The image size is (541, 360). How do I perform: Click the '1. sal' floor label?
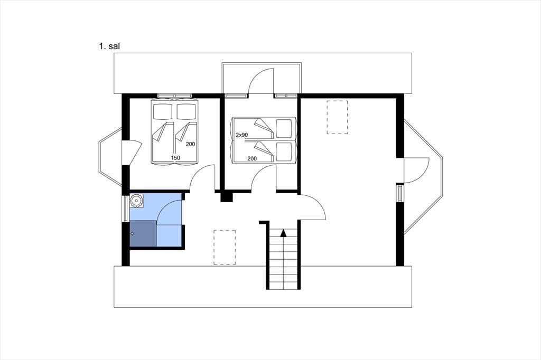click(x=109, y=46)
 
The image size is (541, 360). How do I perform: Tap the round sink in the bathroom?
click(x=137, y=201)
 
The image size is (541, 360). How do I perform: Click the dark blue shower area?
click(x=143, y=234)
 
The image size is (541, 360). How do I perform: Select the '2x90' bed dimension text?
click(x=241, y=135)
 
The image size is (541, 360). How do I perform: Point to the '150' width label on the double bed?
click(x=175, y=158)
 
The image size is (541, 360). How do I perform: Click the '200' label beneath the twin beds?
click(x=252, y=158)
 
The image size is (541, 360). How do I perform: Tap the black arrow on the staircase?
click(x=283, y=233)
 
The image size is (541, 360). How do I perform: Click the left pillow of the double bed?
click(x=163, y=111)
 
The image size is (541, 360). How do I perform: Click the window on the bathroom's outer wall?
click(x=125, y=209)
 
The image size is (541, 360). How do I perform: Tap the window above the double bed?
click(x=174, y=96)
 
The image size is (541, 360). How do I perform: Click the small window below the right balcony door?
click(x=400, y=193)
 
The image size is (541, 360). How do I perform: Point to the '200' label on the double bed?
click(x=190, y=144)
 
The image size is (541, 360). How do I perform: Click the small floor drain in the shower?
click(x=133, y=234)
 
